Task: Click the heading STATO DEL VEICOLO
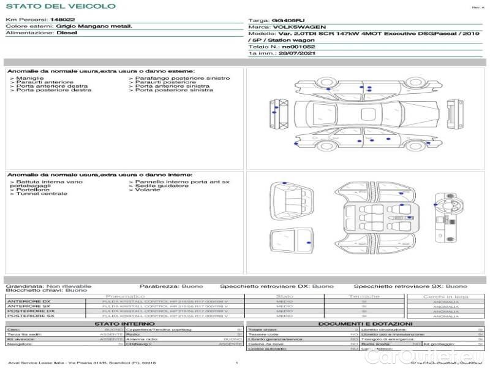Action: [x=60, y=6]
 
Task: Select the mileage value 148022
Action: [x=58, y=20]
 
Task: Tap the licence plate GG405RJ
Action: [x=284, y=20]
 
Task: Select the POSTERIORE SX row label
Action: [x=30, y=316]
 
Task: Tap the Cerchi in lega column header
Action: [x=445, y=296]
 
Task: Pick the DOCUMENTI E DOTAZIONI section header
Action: [x=365, y=323]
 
